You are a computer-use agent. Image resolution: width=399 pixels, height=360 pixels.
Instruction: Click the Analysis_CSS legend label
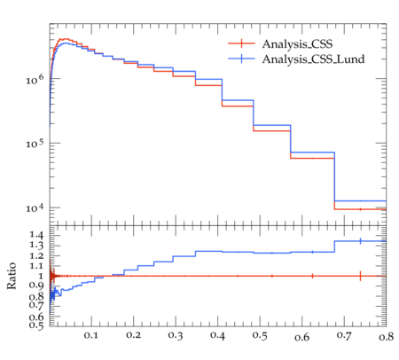tap(297, 44)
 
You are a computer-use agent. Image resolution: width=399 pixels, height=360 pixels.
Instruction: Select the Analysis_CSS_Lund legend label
tap(313, 59)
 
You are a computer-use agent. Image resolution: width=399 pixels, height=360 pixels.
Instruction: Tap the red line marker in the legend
tap(241, 43)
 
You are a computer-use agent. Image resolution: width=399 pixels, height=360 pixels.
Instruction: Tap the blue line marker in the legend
tap(241, 59)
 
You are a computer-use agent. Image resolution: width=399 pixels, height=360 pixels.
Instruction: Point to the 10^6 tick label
tap(35, 79)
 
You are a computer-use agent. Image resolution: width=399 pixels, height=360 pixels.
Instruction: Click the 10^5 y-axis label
tap(35, 144)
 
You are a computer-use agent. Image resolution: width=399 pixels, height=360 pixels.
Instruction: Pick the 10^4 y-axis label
tap(35, 208)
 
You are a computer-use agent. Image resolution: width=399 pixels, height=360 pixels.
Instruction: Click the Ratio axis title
tap(12, 276)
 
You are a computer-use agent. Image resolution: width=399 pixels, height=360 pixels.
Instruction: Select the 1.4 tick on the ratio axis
tap(36, 235)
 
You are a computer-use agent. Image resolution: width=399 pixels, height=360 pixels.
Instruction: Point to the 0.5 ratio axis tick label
tap(36, 325)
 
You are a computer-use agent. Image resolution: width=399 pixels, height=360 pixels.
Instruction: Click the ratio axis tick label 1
tap(41, 276)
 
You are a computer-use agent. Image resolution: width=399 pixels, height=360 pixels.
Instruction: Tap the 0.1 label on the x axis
tap(91, 335)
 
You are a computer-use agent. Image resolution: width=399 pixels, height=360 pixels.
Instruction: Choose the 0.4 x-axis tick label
tap(217, 335)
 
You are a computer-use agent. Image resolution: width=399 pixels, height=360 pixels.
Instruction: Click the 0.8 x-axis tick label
tap(386, 336)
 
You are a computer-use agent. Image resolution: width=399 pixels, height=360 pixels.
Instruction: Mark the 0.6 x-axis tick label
tap(301, 337)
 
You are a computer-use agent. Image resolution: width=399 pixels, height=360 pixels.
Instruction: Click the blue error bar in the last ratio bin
tap(360, 241)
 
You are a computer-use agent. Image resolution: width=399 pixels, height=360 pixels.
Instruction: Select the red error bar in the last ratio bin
tap(360, 276)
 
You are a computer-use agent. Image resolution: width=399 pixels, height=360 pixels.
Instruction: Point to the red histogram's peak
tap(66, 39)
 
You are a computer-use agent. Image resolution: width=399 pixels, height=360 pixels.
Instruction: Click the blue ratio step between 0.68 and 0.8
tap(360, 241)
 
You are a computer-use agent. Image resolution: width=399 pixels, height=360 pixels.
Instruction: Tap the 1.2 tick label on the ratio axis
tap(36, 255)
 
